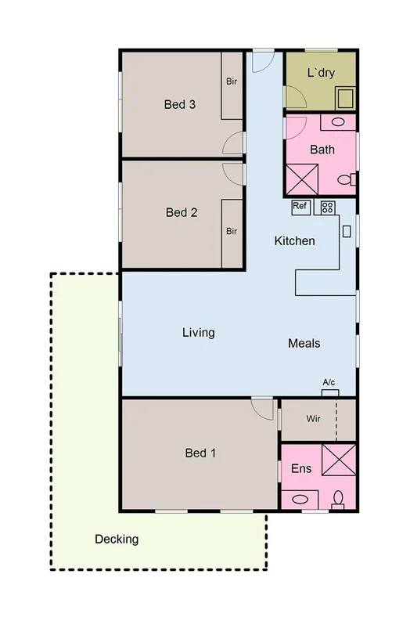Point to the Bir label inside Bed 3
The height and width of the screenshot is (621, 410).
(232, 81)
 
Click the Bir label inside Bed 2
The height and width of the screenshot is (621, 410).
(232, 231)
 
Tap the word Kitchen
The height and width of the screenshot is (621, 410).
(294, 240)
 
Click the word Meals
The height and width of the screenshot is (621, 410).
(304, 343)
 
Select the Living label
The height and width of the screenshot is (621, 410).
(198, 333)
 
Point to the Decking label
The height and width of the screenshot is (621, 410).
(117, 539)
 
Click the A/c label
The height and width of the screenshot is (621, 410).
(329, 382)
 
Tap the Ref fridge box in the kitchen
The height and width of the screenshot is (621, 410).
(301, 207)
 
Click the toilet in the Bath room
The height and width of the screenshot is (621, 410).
(345, 180)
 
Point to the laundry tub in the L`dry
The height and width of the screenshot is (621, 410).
(344, 97)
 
